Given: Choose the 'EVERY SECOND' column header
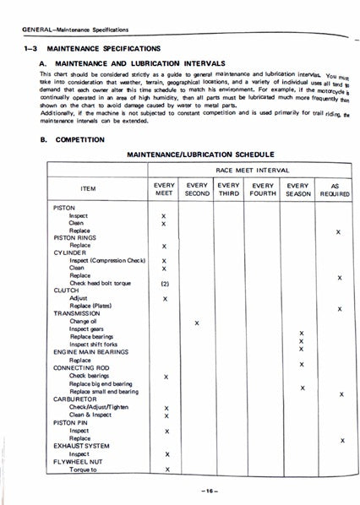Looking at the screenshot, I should (x=197, y=189).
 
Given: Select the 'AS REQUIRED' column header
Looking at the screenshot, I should (x=339, y=189).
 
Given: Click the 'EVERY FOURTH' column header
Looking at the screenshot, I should (x=263, y=189).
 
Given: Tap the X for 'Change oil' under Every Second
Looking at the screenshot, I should (x=197, y=323).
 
